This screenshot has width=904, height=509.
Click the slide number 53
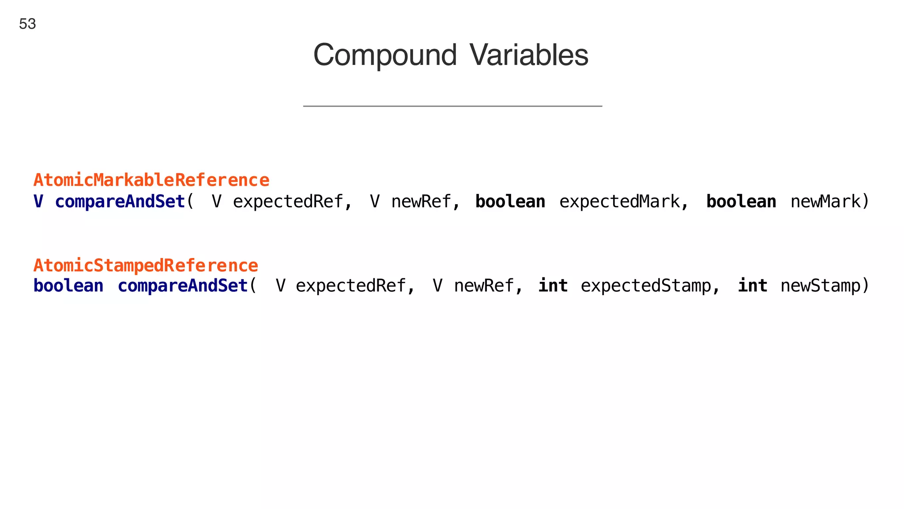27,24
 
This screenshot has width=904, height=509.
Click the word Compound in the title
384,55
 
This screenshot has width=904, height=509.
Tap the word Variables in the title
528,55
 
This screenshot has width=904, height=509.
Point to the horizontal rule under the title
452,106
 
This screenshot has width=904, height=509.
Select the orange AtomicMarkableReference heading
151,180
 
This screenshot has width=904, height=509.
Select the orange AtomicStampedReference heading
146,266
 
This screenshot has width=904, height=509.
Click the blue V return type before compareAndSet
38,201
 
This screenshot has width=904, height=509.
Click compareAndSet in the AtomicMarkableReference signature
120,201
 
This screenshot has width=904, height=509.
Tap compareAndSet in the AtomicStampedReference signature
183,286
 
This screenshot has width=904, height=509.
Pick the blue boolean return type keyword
68,286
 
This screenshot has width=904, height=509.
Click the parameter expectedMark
620,201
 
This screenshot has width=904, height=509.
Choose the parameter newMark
825,201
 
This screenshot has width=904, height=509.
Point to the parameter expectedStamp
646,286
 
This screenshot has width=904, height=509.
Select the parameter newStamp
821,286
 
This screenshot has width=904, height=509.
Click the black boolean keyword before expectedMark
510,201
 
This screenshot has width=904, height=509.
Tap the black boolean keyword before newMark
741,201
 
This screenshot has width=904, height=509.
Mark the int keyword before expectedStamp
553,286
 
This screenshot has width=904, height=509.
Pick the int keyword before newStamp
753,286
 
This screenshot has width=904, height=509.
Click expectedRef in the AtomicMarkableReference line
288,201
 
